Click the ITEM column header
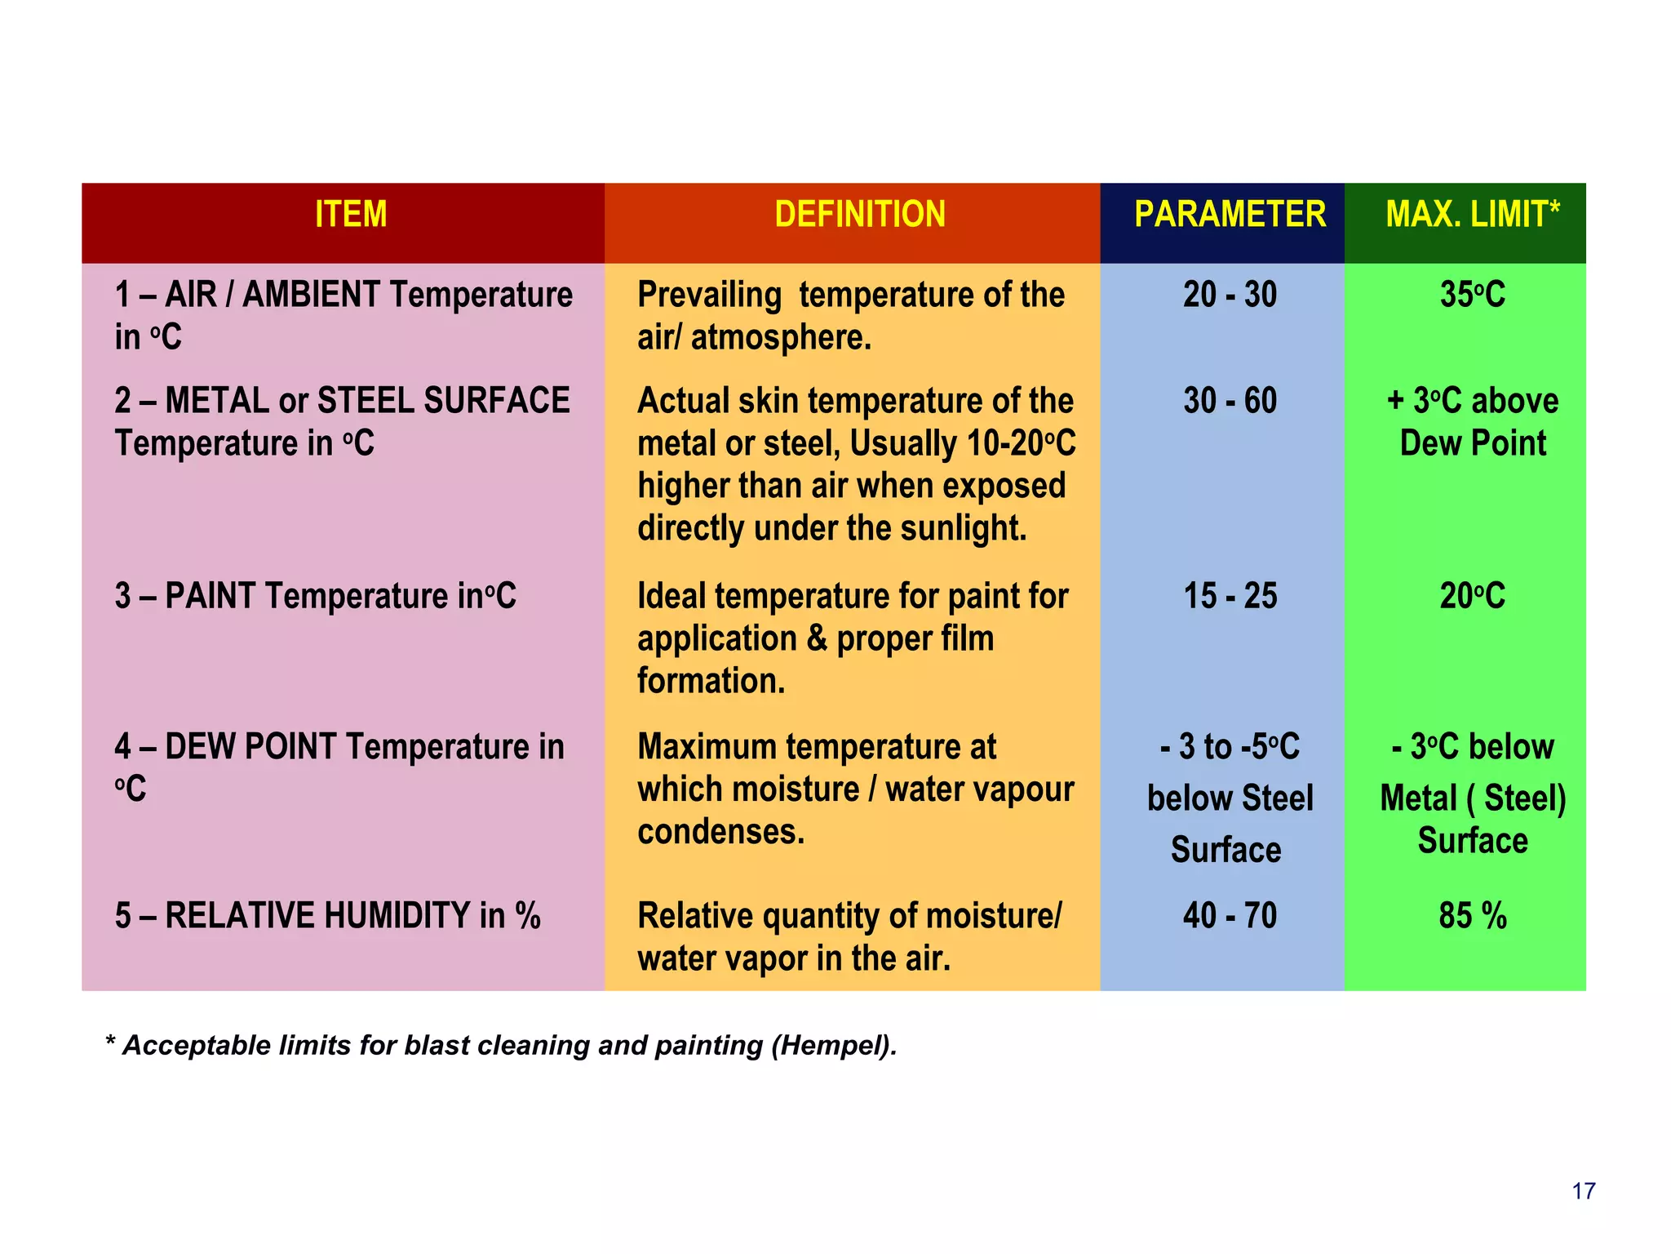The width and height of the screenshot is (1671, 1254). pos(351,215)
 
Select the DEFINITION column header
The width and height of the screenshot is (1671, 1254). pos(860,215)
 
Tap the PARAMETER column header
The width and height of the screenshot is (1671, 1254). pos(1230,215)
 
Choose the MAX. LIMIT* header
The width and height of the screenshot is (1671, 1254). pos(1472,215)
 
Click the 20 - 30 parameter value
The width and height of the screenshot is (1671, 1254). pos(1230,295)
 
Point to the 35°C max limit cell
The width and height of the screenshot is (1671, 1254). pos(1472,295)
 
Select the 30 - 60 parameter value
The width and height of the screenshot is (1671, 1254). pos(1230,401)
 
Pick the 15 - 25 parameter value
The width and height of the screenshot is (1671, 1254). pos(1230,596)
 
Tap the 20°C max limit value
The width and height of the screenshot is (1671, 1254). pos(1472,596)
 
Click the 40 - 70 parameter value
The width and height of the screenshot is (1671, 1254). pos(1230,915)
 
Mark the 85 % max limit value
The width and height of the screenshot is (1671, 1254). pos(1472,915)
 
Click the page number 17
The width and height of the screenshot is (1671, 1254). pos(1583,1191)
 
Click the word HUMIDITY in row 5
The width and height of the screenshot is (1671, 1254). pos(397,915)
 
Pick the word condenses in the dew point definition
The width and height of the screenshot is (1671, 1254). pos(720,832)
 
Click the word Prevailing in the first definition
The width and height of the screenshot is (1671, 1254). pos(709,295)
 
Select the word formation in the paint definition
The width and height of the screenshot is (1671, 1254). pos(711,681)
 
